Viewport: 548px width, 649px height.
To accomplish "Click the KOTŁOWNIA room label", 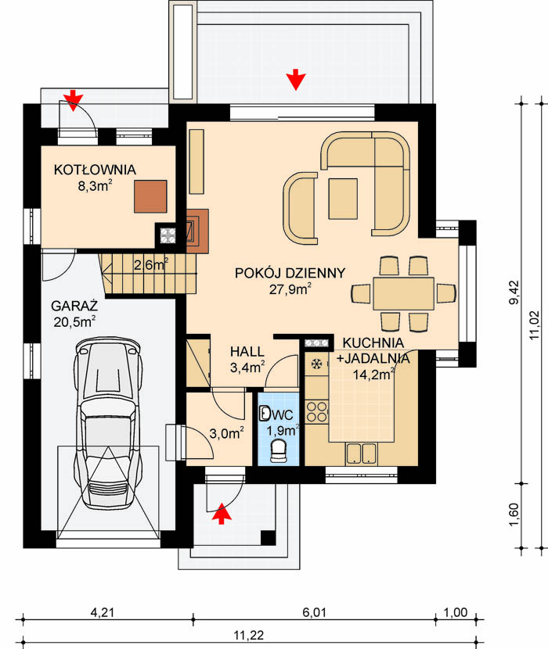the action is click(x=95, y=170).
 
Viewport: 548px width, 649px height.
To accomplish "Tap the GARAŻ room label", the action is click(x=74, y=306).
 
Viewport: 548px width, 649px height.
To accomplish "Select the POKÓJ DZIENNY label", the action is click(x=290, y=273).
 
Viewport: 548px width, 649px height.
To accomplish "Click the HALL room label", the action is click(x=247, y=352).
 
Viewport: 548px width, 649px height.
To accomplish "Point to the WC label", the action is click(x=283, y=414).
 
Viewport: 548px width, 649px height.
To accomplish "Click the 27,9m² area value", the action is click(x=290, y=289).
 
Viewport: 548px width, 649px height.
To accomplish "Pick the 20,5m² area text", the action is click(x=74, y=321).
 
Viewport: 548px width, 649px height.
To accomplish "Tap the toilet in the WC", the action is click(x=279, y=450).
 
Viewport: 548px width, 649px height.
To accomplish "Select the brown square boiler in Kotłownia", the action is click(x=150, y=196).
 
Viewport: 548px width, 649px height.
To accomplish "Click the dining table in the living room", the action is click(x=403, y=294).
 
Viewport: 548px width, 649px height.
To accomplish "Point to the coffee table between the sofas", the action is click(x=343, y=199).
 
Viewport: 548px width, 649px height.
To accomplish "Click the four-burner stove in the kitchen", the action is click(x=317, y=412).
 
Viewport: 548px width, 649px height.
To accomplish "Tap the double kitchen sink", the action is click(x=362, y=454).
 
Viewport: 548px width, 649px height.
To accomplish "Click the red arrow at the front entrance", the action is click(x=222, y=513).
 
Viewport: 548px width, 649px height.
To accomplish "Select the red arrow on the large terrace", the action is click(x=296, y=80).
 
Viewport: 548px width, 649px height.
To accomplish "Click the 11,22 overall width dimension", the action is click(x=249, y=635).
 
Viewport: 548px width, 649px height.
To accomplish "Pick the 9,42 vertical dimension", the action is click(x=514, y=292).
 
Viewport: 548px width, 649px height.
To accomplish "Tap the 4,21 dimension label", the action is click(x=103, y=612).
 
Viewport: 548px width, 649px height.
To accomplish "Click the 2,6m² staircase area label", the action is click(x=151, y=264).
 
